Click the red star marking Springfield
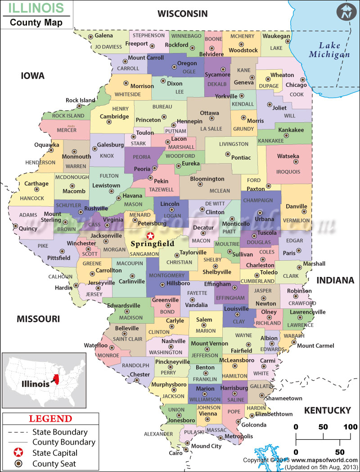pyautogui.click(x=150, y=236)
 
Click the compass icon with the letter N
pyautogui.click(x=346, y=12)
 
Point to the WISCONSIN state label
pyautogui.click(x=182, y=14)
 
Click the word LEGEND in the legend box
pyautogui.click(x=50, y=419)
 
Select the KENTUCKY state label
pyautogui.click(x=327, y=410)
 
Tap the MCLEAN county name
pyautogui.click(x=219, y=191)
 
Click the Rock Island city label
pyautogui.click(x=81, y=100)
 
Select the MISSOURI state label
pyautogui.click(x=38, y=319)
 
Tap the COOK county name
pyautogui.click(x=297, y=95)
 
